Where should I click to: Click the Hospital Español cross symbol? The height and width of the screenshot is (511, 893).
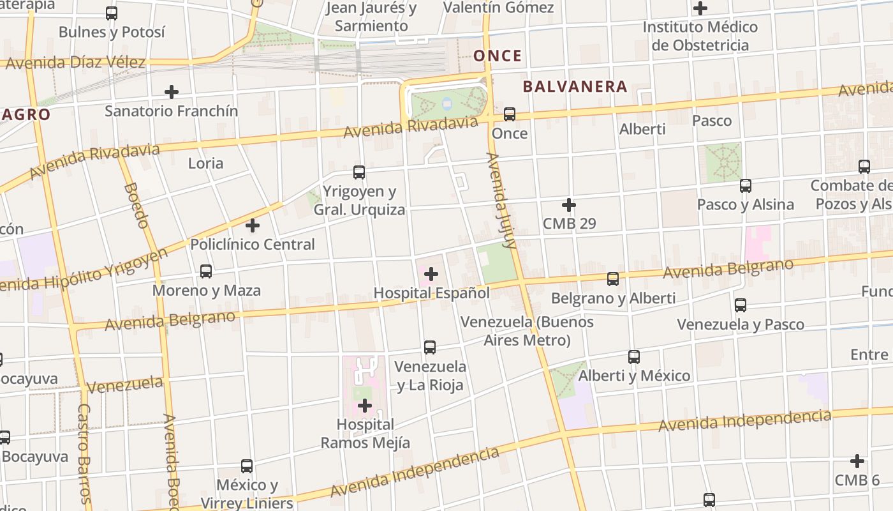tap(431, 274)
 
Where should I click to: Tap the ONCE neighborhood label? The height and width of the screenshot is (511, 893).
tap(498, 56)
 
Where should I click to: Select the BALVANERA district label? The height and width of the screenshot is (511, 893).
tap(575, 87)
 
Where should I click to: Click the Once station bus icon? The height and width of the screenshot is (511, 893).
tap(510, 114)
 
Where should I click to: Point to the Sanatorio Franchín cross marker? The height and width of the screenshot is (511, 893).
tap(172, 92)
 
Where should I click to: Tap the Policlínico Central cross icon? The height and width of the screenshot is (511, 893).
tap(253, 225)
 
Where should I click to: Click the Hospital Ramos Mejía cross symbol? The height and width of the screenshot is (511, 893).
tap(365, 406)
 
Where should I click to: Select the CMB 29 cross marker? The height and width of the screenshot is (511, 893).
tap(569, 205)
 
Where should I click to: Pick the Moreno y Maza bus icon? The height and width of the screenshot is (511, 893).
tap(206, 271)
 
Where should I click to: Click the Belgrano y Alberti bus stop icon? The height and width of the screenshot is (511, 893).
tap(613, 279)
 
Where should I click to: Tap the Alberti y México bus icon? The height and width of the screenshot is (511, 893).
tap(634, 357)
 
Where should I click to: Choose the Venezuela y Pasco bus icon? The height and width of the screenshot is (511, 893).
tap(741, 305)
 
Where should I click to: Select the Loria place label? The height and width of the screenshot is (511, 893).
tap(205, 164)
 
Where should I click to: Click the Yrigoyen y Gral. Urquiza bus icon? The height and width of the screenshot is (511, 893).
tap(359, 172)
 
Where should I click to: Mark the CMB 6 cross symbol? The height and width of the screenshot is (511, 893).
tap(857, 461)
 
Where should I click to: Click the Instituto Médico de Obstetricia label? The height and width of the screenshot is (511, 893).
tap(700, 36)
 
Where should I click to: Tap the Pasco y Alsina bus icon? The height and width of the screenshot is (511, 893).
tap(746, 186)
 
